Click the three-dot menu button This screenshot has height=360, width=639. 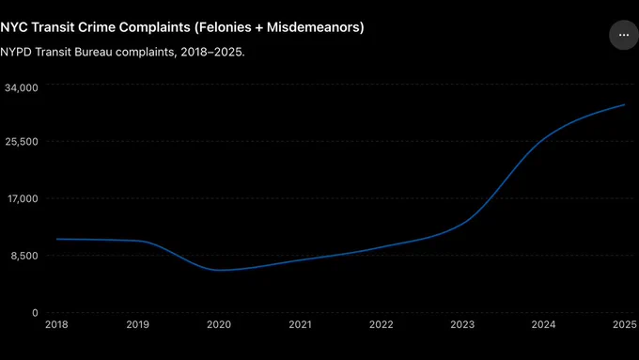tap(624, 35)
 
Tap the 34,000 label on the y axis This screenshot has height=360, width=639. tap(22, 87)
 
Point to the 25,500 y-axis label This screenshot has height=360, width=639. tap(22, 142)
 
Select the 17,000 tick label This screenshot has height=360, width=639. tap(23, 198)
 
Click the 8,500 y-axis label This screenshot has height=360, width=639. tap(24, 256)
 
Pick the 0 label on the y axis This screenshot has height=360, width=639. tap(35, 313)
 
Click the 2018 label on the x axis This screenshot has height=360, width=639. tap(56, 324)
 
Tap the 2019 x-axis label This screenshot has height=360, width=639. tap(138, 324)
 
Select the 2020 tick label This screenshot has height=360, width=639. tap(219, 324)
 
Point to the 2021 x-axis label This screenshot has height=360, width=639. tap(300, 324)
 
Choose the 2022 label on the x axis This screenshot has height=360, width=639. tap(381, 324)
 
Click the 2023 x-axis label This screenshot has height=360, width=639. tap(462, 324)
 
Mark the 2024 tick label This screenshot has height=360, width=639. tap(543, 324)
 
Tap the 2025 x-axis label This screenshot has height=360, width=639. tap(625, 324)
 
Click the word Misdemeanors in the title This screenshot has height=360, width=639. tap(313, 27)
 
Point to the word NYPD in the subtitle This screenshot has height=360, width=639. tap(16, 53)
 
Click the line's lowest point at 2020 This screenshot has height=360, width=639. tap(220, 270)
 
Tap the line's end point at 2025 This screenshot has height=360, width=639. tap(624, 104)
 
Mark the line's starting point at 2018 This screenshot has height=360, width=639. tap(56, 239)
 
